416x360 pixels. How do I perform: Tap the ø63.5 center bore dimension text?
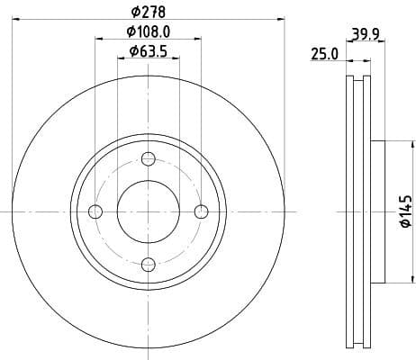pos(149,51)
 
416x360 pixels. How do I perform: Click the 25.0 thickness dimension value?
pos(324,54)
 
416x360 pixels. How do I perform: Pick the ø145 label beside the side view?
pos(404,211)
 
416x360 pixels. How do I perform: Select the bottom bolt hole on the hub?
pos(149,264)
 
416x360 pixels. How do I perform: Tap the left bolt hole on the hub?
pos(96,211)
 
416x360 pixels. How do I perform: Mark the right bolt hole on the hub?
pos(202,211)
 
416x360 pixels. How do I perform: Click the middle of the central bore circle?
pos(149,211)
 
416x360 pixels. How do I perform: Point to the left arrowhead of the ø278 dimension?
pos(17,18)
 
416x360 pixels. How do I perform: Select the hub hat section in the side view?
pos(377,211)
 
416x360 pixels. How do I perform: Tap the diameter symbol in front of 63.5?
pos(132,51)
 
